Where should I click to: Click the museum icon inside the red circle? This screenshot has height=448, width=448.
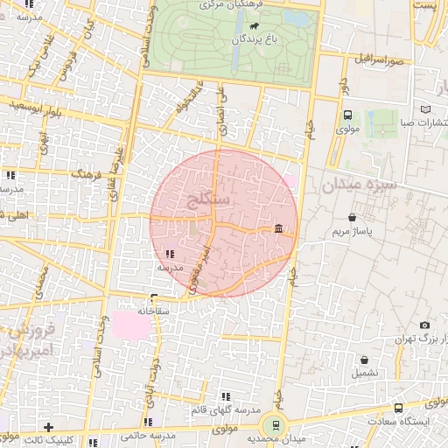[278, 229]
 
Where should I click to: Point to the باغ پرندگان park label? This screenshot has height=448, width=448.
[243, 39]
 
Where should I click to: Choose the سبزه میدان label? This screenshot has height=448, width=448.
[359, 185]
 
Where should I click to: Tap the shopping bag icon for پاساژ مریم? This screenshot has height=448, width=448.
[352, 217]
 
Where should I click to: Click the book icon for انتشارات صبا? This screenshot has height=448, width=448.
[425, 109]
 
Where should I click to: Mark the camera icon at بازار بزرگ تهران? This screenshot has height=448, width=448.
[424, 325]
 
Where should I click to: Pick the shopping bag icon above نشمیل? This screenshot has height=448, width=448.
[365, 359]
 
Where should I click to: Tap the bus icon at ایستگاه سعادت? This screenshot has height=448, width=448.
[399, 408]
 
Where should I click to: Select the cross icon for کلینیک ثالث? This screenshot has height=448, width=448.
[49, 427]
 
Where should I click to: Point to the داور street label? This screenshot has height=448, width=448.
[343, 87]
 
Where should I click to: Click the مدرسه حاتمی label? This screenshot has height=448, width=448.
[149, 435]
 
